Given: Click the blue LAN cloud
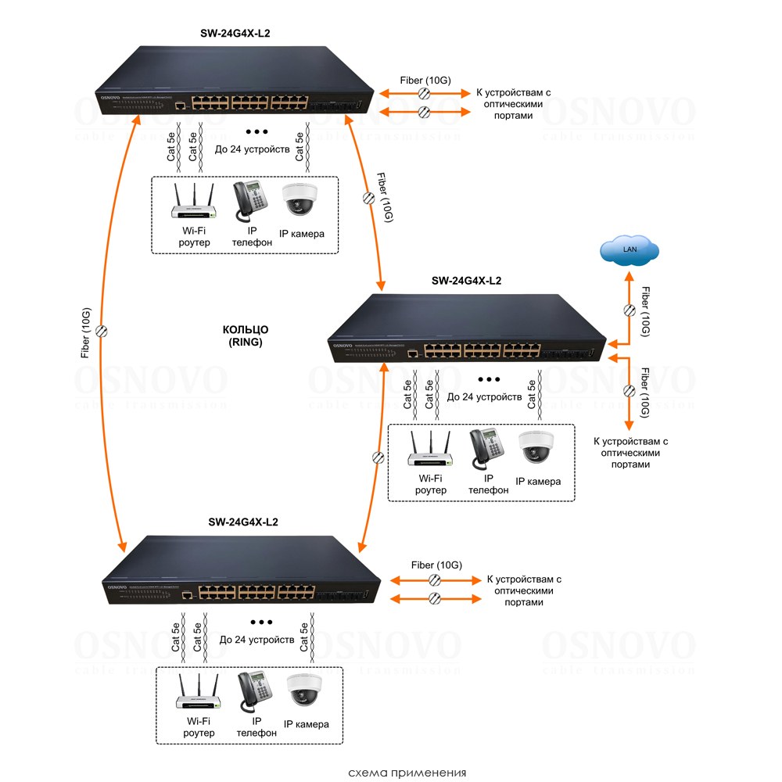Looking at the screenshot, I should coord(630,249).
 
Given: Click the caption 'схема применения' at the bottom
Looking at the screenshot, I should coord(407,773).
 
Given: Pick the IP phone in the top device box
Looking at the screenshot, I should coord(250,202).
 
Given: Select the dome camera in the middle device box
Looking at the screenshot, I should coord(536,448).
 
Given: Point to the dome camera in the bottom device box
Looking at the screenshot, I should coord(303,691).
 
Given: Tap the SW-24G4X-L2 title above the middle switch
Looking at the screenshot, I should coord(467,281).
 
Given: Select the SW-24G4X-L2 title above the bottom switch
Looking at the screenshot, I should coord(243,522).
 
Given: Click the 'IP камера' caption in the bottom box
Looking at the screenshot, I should coord(306,724).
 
